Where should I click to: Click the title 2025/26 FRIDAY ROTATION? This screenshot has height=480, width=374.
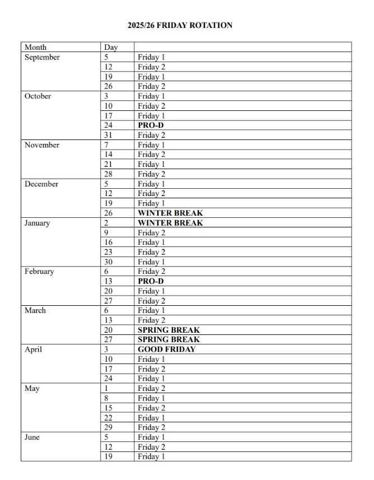(x=180, y=25)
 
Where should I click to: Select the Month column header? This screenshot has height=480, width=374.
(x=35, y=47)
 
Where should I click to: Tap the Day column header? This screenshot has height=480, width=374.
(x=111, y=48)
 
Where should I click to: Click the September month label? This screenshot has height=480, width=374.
(x=42, y=57)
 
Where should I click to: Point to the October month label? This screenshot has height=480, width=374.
(x=38, y=96)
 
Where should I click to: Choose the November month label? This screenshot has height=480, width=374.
(x=41, y=145)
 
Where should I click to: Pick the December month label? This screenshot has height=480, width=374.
(x=41, y=184)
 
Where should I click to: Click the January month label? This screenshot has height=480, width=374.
(x=37, y=223)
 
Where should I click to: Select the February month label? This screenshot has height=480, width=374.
(x=39, y=272)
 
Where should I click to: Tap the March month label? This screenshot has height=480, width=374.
(x=35, y=310)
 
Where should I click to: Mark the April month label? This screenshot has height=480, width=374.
(x=33, y=349)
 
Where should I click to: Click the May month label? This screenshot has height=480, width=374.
(x=32, y=388)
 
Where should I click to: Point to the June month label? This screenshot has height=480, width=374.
(x=32, y=437)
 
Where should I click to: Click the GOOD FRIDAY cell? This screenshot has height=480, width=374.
(x=167, y=349)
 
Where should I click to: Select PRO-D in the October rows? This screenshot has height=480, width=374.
(x=151, y=125)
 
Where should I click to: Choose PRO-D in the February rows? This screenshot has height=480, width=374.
(x=151, y=281)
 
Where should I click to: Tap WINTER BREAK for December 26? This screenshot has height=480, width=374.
(x=170, y=213)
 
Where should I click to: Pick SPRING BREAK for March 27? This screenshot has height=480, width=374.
(x=169, y=339)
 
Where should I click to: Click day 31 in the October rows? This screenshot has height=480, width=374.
(x=109, y=135)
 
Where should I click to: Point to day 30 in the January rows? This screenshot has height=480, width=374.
(x=109, y=262)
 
